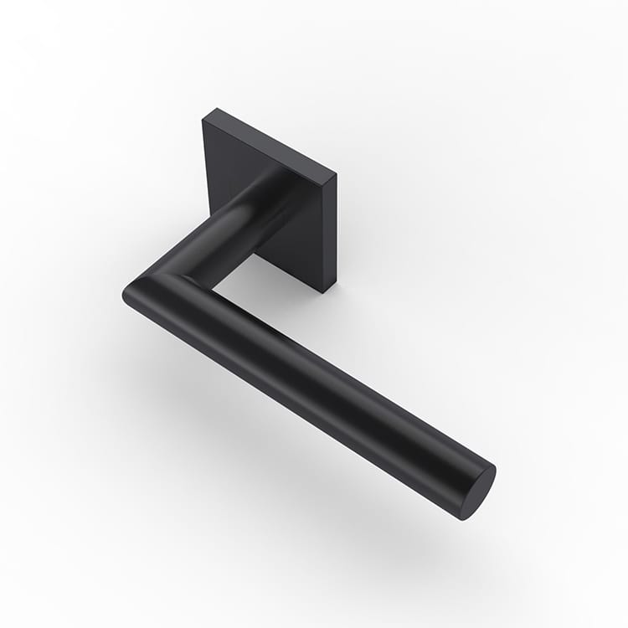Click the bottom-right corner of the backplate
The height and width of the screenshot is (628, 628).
click(x=325, y=291)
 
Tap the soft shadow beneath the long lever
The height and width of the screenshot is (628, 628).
click(x=335, y=469)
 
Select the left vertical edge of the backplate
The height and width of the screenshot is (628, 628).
click(x=203, y=167)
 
